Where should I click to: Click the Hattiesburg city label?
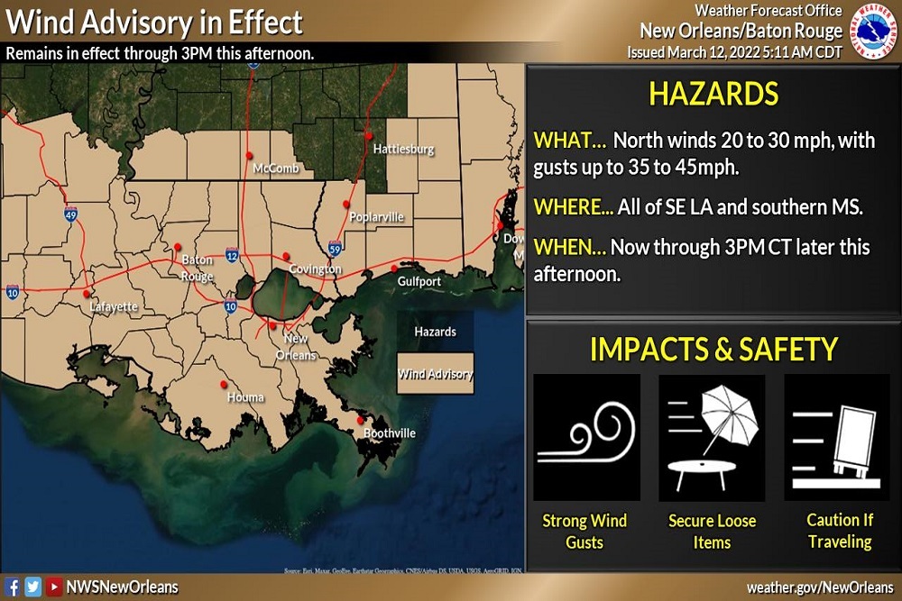point(403,149)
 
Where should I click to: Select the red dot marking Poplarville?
point(346,205)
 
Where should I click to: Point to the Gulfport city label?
point(419,282)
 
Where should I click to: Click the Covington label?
point(315,269)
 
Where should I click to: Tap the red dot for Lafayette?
point(87,294)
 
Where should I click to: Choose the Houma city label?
point(246,397)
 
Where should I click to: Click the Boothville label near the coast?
point(390,433)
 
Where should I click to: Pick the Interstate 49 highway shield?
point(70,214)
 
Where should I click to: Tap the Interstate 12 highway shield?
point(232,258)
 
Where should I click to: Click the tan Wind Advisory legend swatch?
point(437,374)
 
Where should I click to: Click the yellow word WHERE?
point(573,206)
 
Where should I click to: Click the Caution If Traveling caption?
point(840,531)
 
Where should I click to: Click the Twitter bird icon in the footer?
point(32,587)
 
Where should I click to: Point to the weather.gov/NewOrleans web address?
point(819,587)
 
